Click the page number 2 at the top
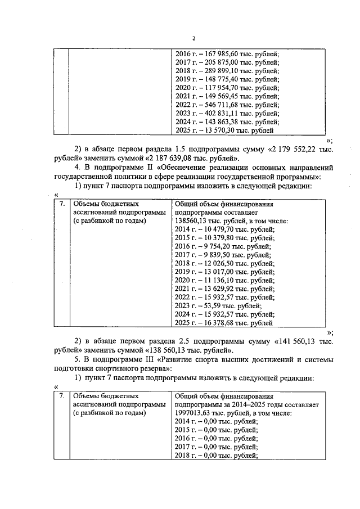(193, 38)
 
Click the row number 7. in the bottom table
(61, 396)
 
